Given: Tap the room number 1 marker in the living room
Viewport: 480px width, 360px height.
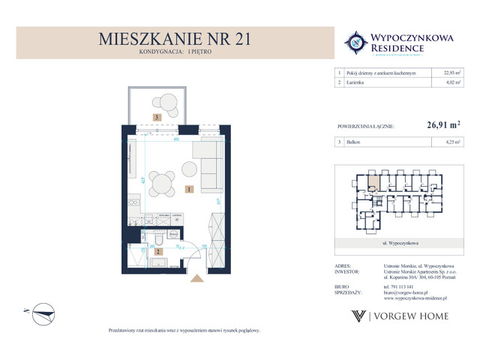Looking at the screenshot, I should [x=190, y=190].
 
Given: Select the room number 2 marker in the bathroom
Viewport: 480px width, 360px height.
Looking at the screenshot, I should [x=157, y=251].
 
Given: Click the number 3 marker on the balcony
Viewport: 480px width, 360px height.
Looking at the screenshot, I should [x=157, y=117].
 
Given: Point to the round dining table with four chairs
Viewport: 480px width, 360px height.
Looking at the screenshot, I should [x=159, y=183].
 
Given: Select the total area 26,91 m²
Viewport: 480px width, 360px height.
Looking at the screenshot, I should [x=443, y=127].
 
